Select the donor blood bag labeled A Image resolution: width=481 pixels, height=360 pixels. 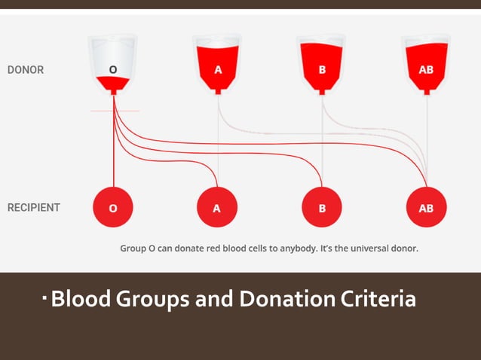[218, 66]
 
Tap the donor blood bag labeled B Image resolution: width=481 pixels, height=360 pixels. [322, 66]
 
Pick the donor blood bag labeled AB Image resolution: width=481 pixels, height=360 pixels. [426, 66]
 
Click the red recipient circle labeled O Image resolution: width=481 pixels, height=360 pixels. [113, 207]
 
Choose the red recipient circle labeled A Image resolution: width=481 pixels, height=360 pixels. [217, 207]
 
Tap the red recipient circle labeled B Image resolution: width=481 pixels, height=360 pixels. [322, 207]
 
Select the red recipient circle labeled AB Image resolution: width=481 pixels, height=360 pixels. [426, 207]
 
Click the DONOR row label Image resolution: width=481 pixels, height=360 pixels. [26, 70]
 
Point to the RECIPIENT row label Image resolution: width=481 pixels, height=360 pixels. [34, 207]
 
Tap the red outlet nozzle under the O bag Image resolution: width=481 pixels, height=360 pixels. [113, 91]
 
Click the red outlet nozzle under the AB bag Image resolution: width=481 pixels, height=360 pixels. [426, 91]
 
